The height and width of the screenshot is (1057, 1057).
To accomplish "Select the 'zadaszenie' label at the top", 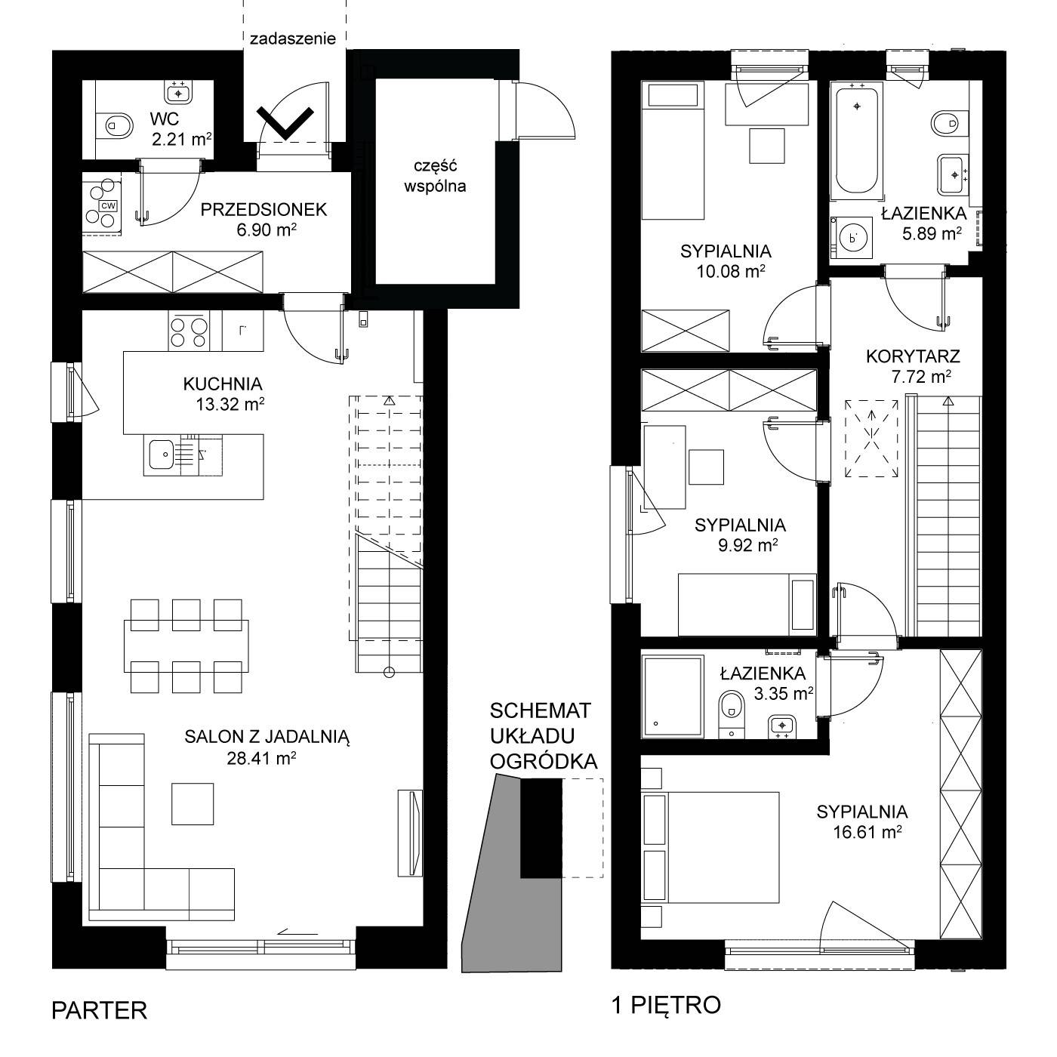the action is coord(292,39).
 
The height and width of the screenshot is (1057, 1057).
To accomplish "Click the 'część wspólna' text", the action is coord(435,176).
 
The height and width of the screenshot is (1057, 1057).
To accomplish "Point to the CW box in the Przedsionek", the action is coord(108,206).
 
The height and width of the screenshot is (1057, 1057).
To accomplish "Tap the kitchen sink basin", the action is coord(161,455).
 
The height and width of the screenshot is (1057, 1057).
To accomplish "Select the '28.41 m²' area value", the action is coord(261,758).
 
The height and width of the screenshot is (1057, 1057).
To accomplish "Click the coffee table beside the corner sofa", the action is coord(192,803).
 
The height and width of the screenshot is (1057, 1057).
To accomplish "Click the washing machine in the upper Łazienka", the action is coord(852,238).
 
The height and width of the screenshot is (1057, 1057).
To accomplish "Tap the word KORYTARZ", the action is coord(913,356).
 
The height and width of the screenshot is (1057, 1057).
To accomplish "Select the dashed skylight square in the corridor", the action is coord(871,438).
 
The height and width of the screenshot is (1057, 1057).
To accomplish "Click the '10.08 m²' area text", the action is coord(731,271).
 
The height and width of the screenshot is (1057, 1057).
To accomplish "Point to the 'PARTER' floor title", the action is coord(99,1010).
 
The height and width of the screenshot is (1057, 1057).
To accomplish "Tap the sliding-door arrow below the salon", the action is coord(297,932).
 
